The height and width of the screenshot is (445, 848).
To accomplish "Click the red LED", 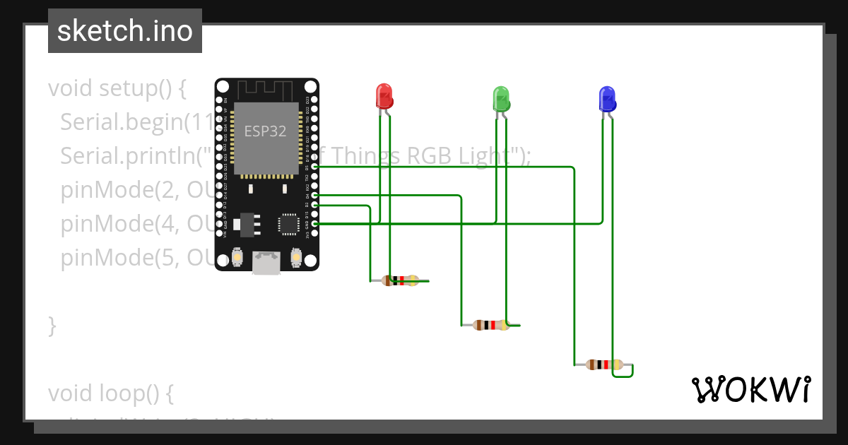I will [384, 96].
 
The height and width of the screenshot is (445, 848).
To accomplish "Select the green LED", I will [501, 98].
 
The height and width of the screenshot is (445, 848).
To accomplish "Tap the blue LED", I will [607, 98].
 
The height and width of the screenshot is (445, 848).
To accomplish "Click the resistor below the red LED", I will [400, 280].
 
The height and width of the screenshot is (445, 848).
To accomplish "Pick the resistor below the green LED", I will [491, 325].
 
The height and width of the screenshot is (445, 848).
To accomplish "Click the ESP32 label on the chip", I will [265, 131].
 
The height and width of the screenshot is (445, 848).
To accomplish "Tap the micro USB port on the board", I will [267, 263].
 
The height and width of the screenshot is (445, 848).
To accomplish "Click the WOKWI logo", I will [750, 389].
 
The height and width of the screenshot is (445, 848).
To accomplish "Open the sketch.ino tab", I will [125, 31].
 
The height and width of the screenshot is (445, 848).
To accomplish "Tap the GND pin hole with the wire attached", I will [314, 223].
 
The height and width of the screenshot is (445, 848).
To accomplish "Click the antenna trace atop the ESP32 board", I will [265, 90].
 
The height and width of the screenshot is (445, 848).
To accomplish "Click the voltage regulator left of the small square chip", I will [245, 224].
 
